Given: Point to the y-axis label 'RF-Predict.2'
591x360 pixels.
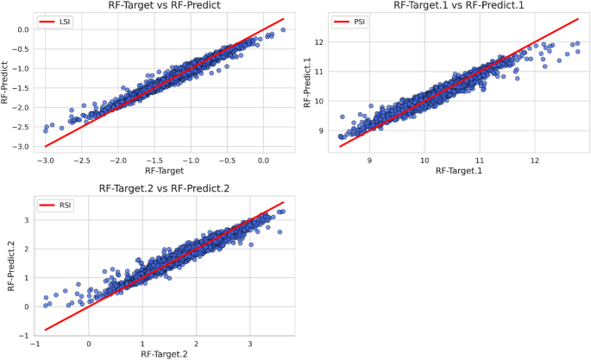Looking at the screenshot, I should tap(12, 267).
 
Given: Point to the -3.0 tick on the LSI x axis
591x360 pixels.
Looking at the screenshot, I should tap(46, 160).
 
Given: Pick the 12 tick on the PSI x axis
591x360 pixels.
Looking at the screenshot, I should tap(535, 160).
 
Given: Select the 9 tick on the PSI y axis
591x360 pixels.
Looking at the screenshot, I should tap(319, 130).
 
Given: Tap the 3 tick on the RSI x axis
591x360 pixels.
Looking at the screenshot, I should tap(250, 344).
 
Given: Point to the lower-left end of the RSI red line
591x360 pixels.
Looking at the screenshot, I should tap(46, 330).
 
